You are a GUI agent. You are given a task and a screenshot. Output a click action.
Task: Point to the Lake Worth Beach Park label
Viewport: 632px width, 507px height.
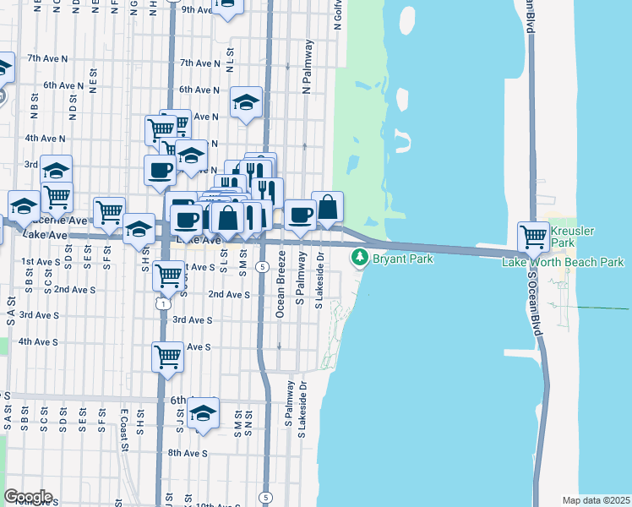563,262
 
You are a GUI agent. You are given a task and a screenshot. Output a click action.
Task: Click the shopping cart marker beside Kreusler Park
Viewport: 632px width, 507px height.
534,237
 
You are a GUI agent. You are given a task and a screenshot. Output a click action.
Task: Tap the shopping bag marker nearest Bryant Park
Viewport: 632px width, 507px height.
327,207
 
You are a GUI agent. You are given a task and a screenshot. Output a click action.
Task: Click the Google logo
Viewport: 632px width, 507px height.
27,497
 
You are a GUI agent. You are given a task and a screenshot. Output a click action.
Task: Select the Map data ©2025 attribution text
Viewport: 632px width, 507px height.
597,500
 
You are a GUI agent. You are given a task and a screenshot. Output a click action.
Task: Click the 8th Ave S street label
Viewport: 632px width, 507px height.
186,453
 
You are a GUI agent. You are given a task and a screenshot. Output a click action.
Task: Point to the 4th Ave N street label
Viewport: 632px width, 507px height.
46,138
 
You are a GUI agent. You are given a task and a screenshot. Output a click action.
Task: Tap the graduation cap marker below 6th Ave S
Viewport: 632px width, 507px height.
203,413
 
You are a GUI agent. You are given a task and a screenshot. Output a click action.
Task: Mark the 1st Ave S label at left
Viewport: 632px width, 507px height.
41,262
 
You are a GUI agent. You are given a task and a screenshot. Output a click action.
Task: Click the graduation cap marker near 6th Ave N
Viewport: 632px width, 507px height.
246,103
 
